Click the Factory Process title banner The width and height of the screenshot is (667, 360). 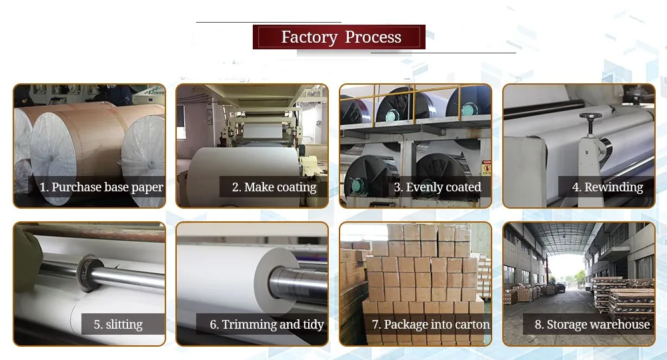coord(339,37)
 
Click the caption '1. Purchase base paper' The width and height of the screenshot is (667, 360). coord(101,187)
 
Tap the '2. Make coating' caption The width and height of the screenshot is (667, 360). coord(274,187)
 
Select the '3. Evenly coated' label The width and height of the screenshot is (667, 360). coord(437,187)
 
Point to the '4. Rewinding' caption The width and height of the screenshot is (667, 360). coord(608,187)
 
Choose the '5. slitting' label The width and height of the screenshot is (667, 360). coord(118,325)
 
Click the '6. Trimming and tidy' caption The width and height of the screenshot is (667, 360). coord(267,325)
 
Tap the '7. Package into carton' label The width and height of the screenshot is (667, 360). coord(431,325)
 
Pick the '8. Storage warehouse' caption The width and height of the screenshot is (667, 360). coord(592,325)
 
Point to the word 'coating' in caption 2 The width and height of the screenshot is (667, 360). coord(292,187)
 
